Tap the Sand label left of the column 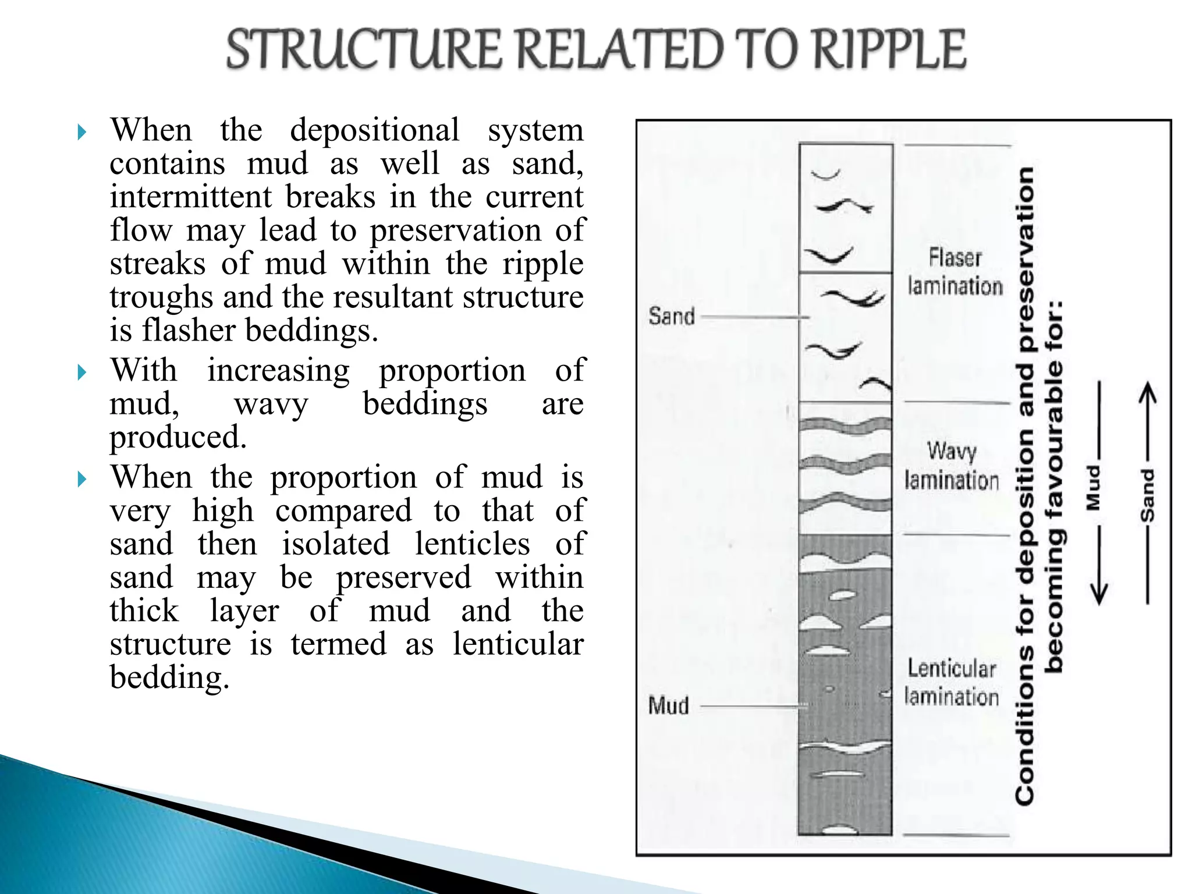point(672,317)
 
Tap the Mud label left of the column point(669,705)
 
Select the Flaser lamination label point(955,272)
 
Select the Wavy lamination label point(952,466)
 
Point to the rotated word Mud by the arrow point(1094,487)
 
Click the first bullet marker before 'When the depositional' point(82,133)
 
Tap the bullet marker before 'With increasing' point(82,372)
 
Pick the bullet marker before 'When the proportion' point(82,480)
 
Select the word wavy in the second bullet point(271,404)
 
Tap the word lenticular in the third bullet point(518,644)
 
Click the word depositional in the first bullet point(375,130)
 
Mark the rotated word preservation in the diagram point(1026,259)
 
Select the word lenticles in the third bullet point(472,544)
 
